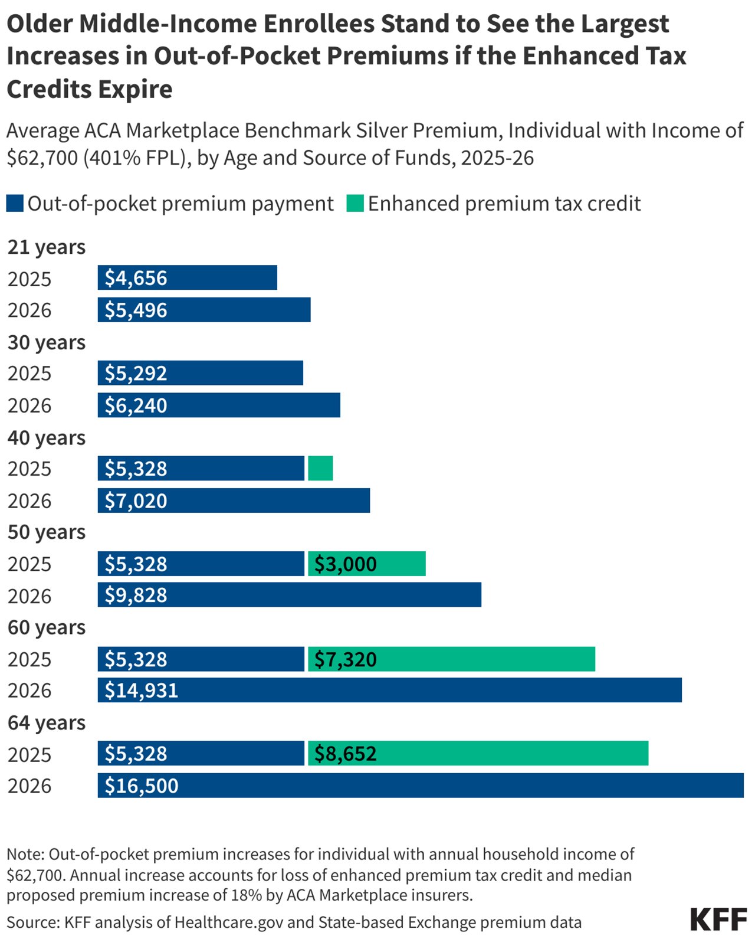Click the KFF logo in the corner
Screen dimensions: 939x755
click(x=718, y=920)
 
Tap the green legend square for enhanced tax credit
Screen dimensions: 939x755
click(x=355, y=204)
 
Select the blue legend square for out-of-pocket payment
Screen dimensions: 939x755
click(x=15, y=204)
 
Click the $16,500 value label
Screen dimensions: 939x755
click(x=142, y=786)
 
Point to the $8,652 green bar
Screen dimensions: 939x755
click(x=478, y=754)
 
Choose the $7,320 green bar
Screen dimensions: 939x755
click(x=451, y=659)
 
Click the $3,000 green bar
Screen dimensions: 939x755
click(x=366, y=564)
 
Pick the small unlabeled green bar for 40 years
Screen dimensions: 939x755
click(x=320, y=468)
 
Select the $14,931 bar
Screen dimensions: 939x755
click(x=389, y=690)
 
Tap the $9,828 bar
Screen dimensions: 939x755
click(x=289, y=595)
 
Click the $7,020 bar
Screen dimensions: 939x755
click(x=234, y=500)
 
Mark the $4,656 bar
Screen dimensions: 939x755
click(x=187, y=277)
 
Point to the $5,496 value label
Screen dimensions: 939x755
click(x=136, y=310)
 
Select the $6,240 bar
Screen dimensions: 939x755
click(x=219, y=405)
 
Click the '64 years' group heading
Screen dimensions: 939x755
click(x=47, y=722)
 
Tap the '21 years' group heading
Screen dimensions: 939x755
click(x=47, y=247)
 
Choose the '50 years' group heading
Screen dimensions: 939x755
click(x=47, y=532)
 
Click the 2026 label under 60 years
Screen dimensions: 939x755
click(x=29, y=690)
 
